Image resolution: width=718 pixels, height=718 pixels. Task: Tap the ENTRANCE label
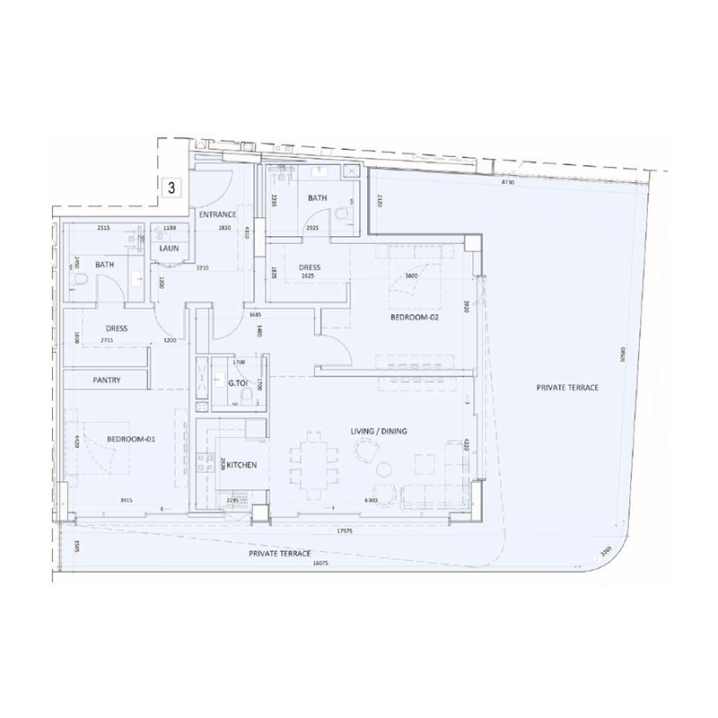pyautogui.click(x=218, y=215)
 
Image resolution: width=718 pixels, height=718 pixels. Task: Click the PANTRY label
pyautogui.click(x=106, y=381)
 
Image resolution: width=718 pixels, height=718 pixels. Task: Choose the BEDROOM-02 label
pyautogui.click(x=413, y=319)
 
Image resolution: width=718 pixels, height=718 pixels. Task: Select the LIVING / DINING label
pyautogui.click(x=379, y=432)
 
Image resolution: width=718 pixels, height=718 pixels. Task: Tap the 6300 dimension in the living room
pyautogui.click(x=370, y=500)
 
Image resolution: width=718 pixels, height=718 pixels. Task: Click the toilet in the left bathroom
pyautogui.click(x=79, y=285)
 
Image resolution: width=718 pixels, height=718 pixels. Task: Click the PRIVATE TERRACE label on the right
pyautogui.click(x=567, y=388)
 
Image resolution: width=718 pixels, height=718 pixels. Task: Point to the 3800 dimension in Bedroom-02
pyautogui.click(x=411, y=276)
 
